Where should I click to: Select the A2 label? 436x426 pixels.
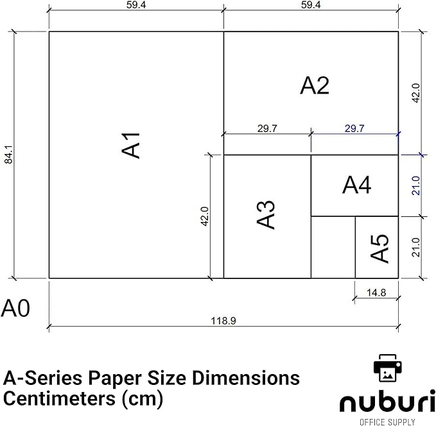315,85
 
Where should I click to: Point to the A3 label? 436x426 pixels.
266,215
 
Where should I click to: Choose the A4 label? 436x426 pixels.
356,185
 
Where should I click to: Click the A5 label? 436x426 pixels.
379,248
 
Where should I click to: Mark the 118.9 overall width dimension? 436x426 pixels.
223,321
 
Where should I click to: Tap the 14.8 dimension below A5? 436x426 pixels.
376,293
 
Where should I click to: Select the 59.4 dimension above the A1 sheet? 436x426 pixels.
135,5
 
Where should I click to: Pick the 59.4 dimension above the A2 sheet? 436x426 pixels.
311,5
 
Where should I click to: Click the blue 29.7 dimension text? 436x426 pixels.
354,128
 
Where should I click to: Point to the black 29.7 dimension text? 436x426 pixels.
267,128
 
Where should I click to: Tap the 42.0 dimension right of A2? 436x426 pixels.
415,93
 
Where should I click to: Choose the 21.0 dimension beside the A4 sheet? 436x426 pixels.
415,185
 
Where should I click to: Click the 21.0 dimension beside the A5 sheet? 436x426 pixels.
415,248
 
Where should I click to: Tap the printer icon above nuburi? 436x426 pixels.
387,368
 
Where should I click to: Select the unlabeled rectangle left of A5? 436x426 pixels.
333,248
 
